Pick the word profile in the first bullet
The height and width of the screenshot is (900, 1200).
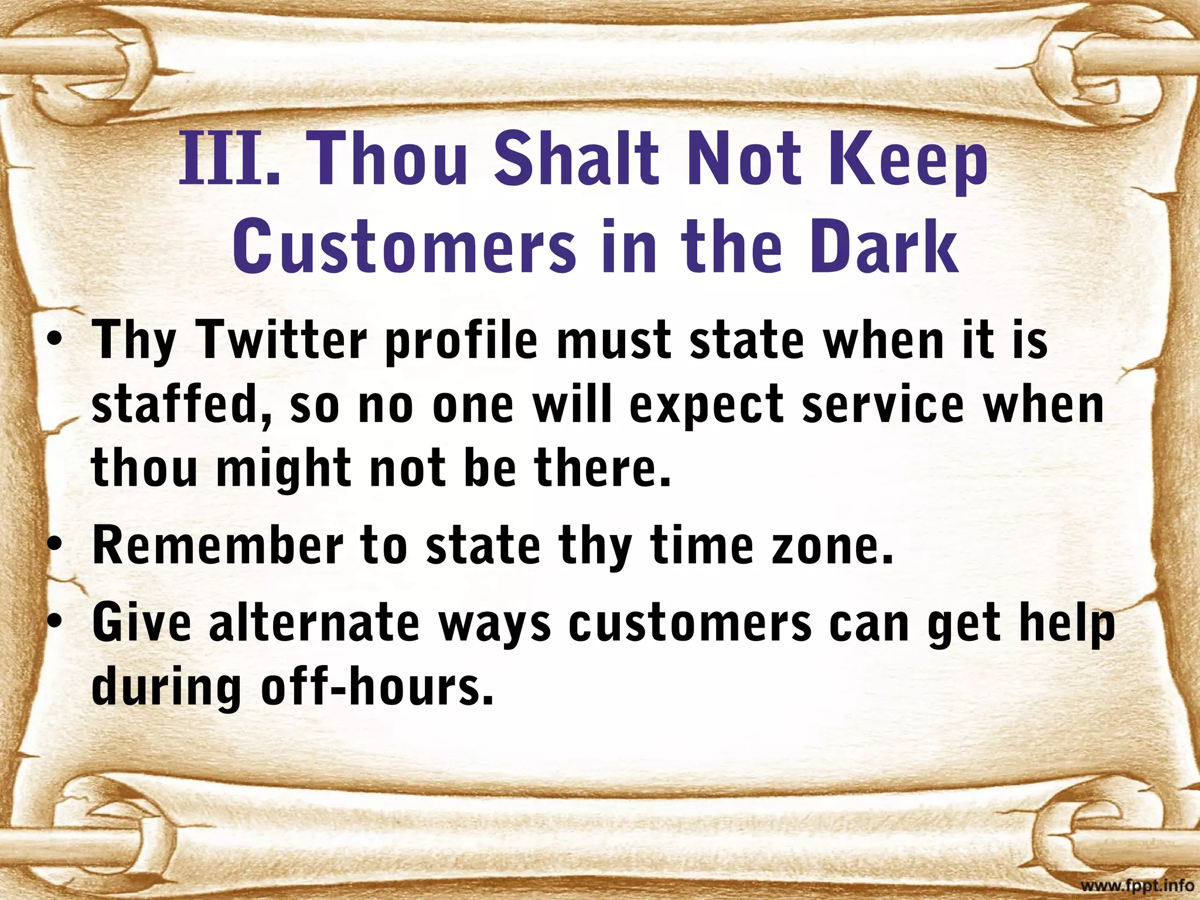click(461, 342)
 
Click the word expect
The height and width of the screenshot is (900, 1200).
click(706, 407)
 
